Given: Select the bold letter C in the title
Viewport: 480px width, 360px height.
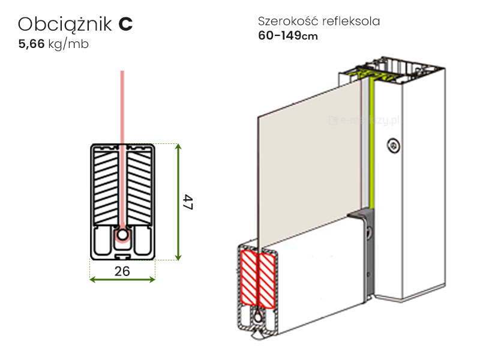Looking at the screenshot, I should click(x=125, y=24).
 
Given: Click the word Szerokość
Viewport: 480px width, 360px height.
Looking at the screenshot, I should click(x=286, y=22).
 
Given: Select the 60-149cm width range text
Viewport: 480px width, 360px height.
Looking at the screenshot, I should click(x=287, y=35).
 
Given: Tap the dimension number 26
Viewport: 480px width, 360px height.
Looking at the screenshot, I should click(x=122, y=271).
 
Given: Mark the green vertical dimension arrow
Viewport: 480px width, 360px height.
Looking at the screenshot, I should click(x=178, y=202).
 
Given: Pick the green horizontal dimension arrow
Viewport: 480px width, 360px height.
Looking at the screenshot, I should click(x=122, y=280).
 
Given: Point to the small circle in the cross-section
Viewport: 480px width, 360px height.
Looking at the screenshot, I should click(x=122, y=236).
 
